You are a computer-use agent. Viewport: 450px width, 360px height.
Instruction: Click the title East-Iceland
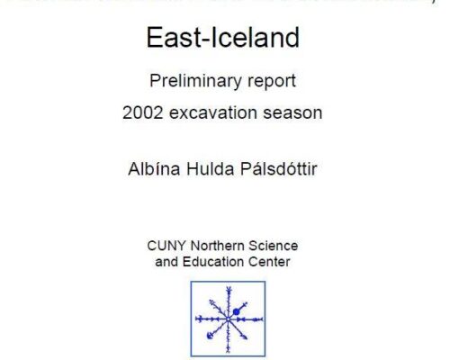222,40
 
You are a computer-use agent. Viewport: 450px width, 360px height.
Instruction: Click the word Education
217,262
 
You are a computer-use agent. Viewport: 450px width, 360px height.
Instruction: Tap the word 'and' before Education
166,262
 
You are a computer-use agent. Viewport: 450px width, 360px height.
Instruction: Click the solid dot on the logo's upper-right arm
236,312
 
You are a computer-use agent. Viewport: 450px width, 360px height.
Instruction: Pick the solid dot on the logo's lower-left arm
209,336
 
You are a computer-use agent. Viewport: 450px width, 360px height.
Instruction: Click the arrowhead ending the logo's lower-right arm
246,338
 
